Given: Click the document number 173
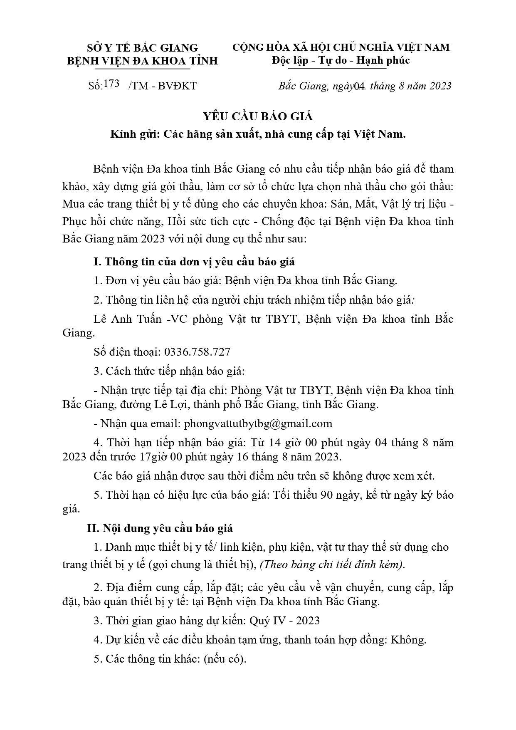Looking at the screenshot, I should [x=111, y=84].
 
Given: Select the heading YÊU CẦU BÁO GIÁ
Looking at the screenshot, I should [x=258, y=116].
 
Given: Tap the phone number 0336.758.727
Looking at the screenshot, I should [x=197, y=352].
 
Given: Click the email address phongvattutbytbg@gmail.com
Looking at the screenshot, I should [x=258, y=423].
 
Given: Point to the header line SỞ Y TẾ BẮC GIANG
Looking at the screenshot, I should [x=142, y=48].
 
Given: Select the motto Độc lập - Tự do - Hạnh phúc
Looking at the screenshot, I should [x=341, y=60].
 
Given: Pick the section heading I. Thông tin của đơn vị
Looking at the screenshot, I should [x=194, y=262].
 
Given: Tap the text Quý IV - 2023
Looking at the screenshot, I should [x=284, y=621].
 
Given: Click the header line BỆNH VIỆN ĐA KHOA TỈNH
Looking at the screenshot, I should [x=142, y=61].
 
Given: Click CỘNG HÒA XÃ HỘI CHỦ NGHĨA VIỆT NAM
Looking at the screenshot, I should [x=341, y=47].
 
